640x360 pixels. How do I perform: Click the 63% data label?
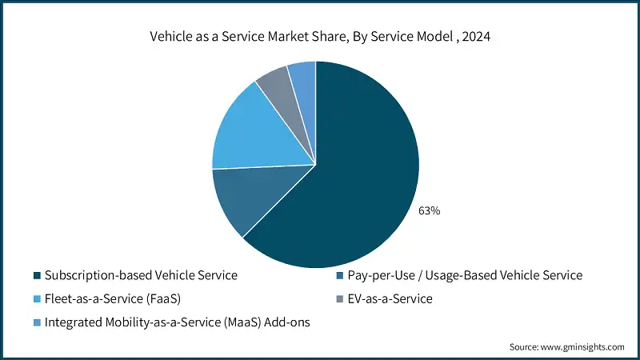point(429,211)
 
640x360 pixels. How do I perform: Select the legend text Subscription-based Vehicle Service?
point(141,275)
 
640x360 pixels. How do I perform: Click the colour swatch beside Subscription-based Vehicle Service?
point(37,276)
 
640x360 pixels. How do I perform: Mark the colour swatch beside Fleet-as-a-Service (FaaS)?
point(37,299)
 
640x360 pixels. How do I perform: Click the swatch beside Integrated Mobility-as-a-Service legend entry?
point(37,322)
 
